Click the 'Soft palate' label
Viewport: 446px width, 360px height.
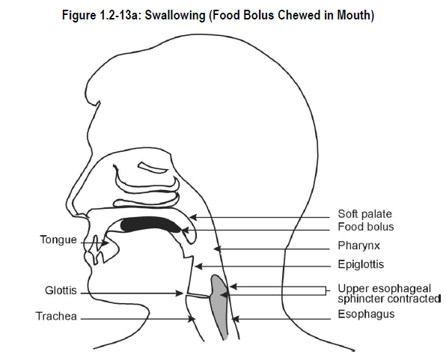tap(364, 214)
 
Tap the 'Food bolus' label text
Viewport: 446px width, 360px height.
tap(366, 227)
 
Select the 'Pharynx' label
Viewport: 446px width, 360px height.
tap(358, 245)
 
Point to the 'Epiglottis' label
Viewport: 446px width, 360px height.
tap(361, 264)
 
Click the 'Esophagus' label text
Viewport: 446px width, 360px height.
tap(366, 314)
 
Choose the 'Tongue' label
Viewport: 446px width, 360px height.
tap(58, 240)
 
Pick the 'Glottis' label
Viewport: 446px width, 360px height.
tap(61, 290)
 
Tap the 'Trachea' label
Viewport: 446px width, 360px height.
tap(56, 316)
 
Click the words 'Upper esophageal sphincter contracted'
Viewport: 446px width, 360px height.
tap(389, 293)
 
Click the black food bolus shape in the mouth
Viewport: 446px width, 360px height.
tap(150, 224)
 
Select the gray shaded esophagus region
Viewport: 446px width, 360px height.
tap(219, 306)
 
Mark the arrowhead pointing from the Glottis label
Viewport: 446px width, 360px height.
tap(180, 293)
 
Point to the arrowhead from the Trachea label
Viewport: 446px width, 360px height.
tap(192, 319)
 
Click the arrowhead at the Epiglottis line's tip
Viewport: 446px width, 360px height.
tap(198, 266)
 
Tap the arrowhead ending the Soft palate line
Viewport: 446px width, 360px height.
tap(193, 218)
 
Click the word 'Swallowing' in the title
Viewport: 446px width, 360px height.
tap(174, 16)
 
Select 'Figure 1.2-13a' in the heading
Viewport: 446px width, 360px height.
tap(101, 15)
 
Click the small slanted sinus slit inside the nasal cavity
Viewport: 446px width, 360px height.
tap(153, 168)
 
